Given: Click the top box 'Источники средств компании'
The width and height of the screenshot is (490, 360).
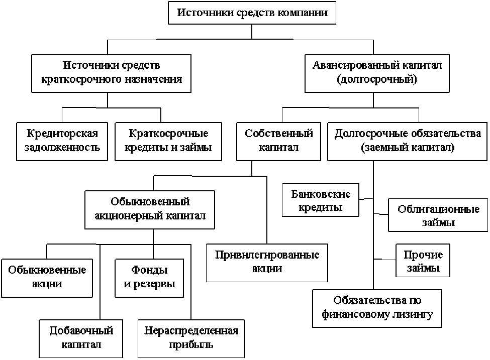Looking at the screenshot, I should pyautogui.click(x=252, y=13).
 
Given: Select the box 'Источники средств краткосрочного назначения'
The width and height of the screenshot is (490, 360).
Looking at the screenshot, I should pyautogui.click(x=111, y=73).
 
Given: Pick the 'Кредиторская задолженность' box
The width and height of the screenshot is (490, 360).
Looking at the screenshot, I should pyautogui.click(x=63, y=141).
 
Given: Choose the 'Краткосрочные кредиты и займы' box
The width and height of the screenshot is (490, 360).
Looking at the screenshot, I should pyautogui.click(x=169, y=141).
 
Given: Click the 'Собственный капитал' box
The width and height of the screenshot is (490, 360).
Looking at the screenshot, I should pyautogui.click(x=279, y=141).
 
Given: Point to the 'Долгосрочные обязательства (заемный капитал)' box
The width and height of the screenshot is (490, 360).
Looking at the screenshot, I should pyautogui.click(x=408, y=141).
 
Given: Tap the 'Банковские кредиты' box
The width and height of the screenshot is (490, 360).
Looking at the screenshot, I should pyautogui.click(x=321, y=200).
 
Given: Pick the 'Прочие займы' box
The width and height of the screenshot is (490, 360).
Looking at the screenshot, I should pyautogui.click(x=423, y=261).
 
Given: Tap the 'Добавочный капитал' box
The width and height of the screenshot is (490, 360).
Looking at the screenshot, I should pyautogui.click(x=81, y=338).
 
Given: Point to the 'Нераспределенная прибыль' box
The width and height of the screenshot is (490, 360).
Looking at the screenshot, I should pyautogui.click(x=191, y=338).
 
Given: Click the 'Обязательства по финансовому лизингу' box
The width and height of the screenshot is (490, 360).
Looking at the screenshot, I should pyautogui.click(x=377, y=308).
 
